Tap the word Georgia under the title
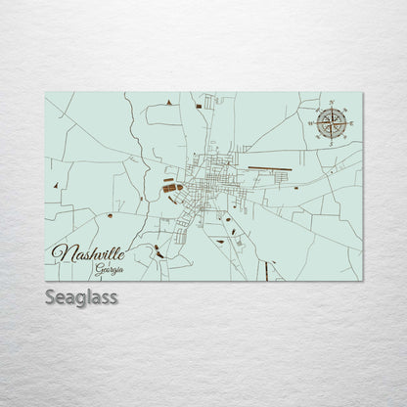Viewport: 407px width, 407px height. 110,267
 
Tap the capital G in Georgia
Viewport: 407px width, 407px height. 99,267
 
